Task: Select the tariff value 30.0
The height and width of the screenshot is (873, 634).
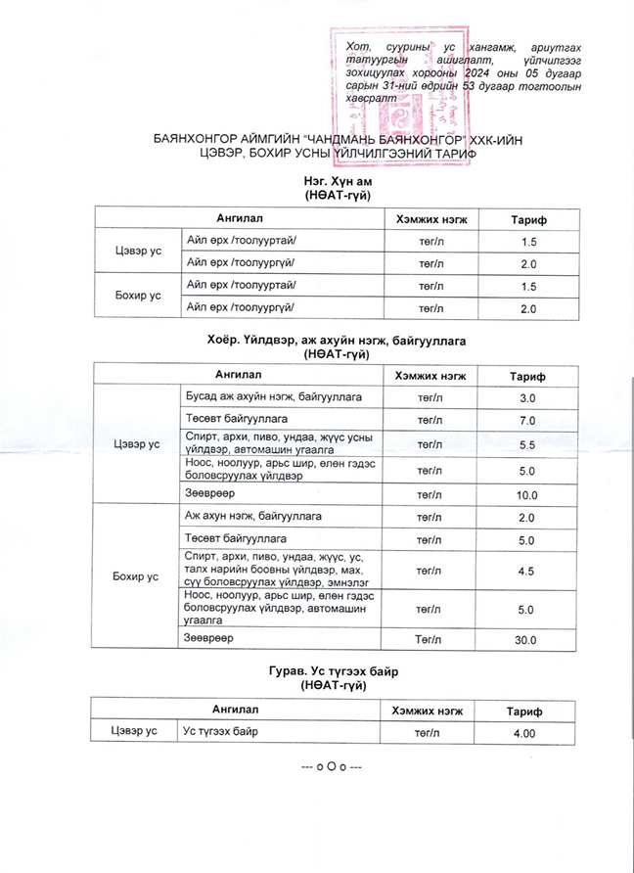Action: click(x=527, y=640)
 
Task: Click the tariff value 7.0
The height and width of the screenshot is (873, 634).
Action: click(x=527, y=421)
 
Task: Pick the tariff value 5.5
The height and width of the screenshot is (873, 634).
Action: click(x=527, y=445)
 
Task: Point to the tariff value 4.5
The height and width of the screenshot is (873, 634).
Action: click(x=527, y=570)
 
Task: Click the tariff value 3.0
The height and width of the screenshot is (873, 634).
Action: click(x=527, y=398)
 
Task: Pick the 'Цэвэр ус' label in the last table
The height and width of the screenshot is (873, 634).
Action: click(x=134, y=732)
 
